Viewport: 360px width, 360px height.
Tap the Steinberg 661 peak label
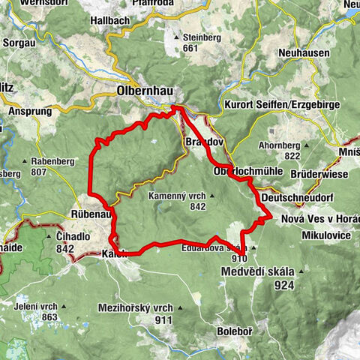point(196,42)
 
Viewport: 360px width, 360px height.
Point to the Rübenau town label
point(91,213)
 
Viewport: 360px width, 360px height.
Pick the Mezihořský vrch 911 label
point(135,313)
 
